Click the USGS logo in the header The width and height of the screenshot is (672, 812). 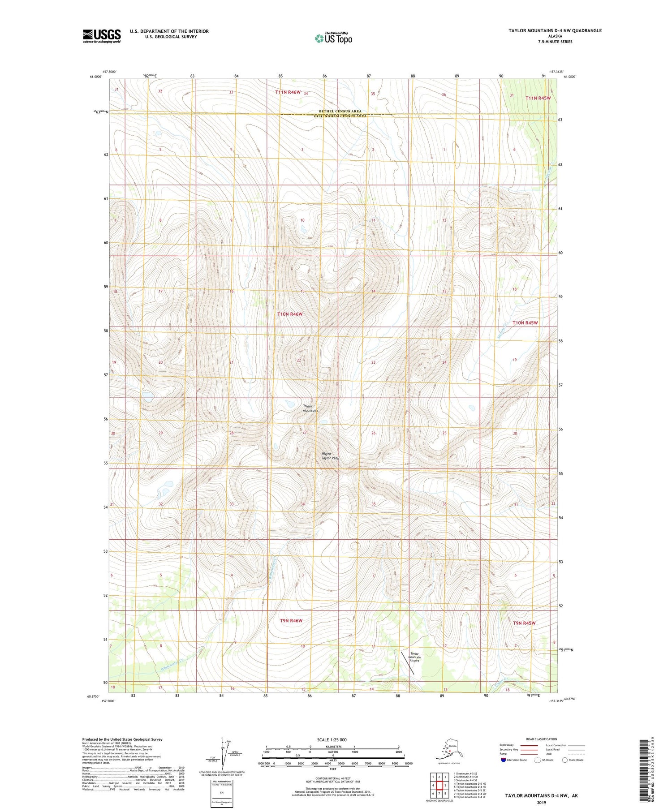(x=102, y=36)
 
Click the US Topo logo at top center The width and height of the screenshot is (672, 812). (x=333, y=38)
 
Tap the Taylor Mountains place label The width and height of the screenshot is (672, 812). (x=310, y=408)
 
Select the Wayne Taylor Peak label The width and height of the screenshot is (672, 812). (x=330, y=456)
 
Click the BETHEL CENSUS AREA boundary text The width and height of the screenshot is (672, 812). (x=340, y=111)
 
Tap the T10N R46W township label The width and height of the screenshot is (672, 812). (x=290, y=314)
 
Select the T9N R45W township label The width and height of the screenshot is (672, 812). (x=524, y=623)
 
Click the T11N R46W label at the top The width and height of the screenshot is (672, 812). (x=288, y=92)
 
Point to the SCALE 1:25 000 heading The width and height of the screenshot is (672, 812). (x=332, y=739)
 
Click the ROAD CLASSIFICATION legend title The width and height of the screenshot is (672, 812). (x=541, y=739)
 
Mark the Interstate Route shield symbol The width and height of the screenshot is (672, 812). (x=504, y=760)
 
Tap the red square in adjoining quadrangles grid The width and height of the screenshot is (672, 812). (x=439, y=785)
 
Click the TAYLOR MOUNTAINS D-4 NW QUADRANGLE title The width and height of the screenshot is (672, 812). (x=555, y=30)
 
